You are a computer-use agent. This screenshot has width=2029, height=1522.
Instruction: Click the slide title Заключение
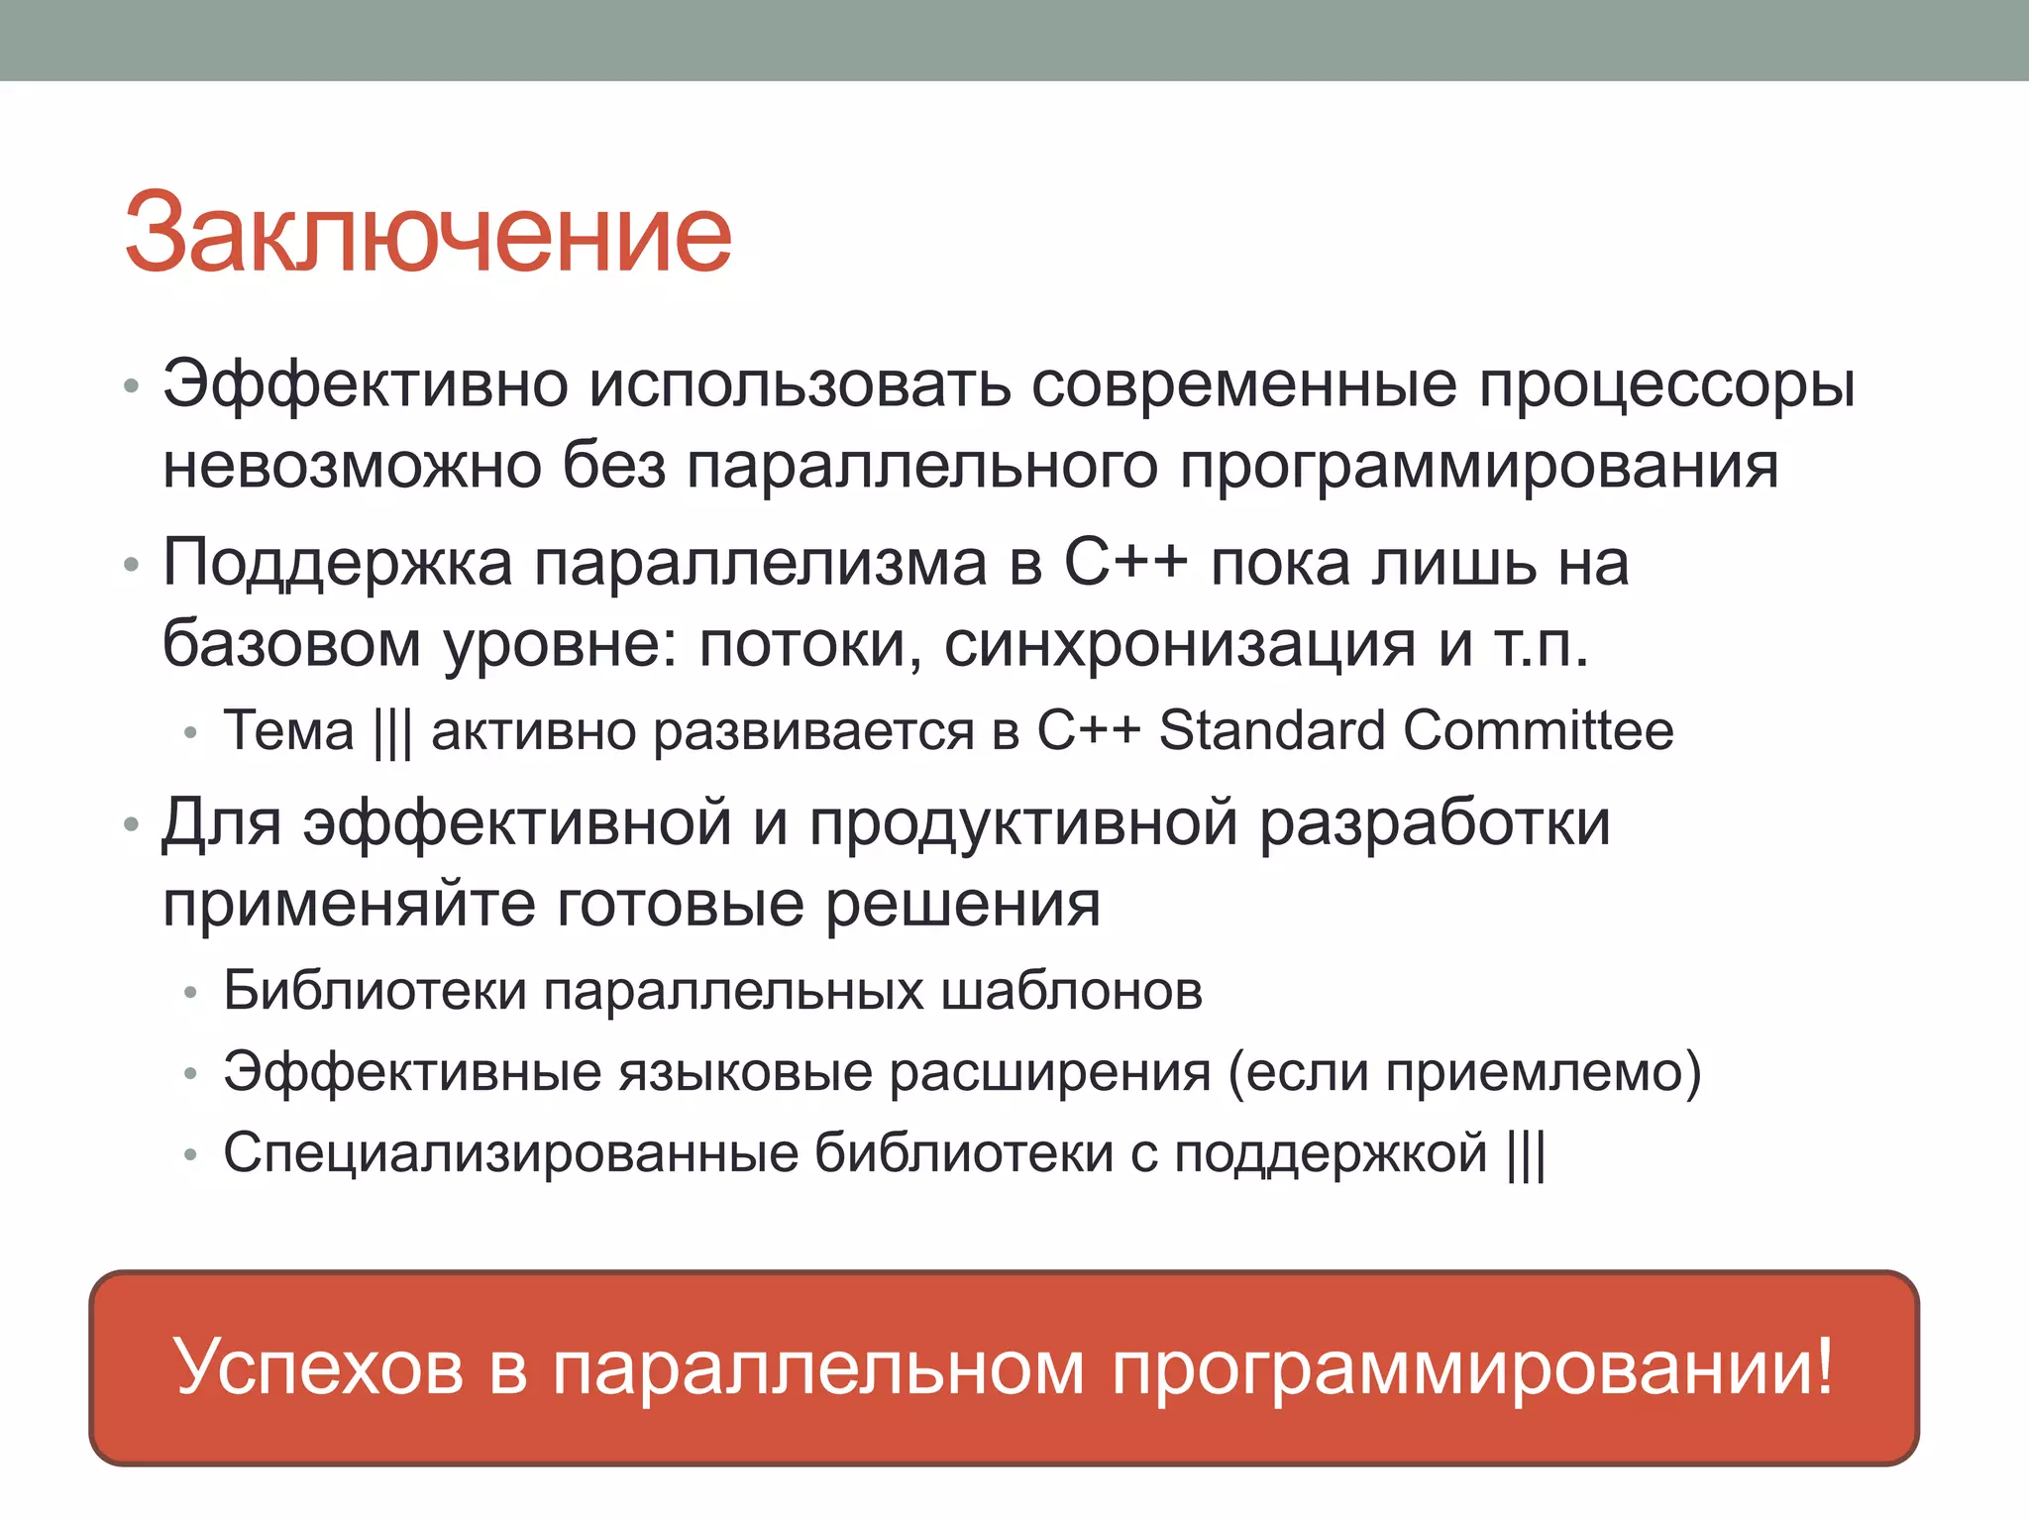428,233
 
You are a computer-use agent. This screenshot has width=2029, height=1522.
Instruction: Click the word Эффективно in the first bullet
365,384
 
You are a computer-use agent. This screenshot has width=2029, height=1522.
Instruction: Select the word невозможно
352,466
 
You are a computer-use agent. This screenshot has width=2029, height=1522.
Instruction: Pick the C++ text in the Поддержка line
1125,563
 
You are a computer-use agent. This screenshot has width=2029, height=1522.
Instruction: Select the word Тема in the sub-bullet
288,731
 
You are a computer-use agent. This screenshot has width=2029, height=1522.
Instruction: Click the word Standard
1272,731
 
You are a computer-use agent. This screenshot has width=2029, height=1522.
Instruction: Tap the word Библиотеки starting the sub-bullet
374,991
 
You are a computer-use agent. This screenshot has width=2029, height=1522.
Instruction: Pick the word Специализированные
510,1154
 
